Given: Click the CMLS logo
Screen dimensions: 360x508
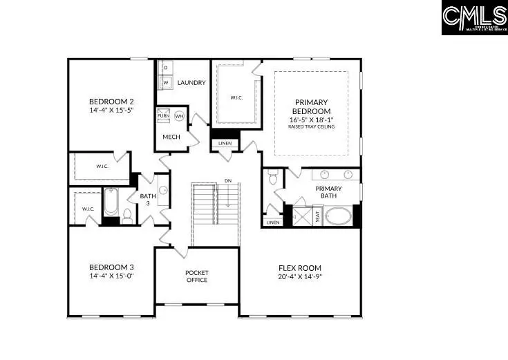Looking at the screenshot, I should pyautogui.click(x=473, y=18).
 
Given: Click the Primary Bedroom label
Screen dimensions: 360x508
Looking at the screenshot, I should pyautogui.click(x=310, y=106).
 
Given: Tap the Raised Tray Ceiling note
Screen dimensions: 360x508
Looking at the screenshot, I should pyautogui.click(x=311, y=127).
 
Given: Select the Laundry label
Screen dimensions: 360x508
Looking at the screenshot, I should pyautogui.click(x=191, y=83).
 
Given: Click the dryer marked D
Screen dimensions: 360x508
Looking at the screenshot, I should pyautogui.click(x=166, y=68).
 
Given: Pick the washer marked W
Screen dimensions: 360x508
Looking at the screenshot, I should pyautogui.click(x=166, y=83).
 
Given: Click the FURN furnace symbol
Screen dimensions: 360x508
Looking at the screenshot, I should pyautogui.click(x=164, y=115).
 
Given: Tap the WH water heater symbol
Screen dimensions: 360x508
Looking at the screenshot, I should pyautogui.click(x=180, y=116).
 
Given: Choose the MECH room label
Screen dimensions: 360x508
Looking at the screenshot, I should pyautogui.click(x=171, y=137).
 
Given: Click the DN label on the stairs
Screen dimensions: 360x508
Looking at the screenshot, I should pyautogui.click(x=227, y=181).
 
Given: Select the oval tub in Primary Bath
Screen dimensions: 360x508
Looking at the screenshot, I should pyautogui.click(x=338, y=216).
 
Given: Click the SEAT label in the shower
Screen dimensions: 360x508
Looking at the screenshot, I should pyautogui.click(x=317, y=216).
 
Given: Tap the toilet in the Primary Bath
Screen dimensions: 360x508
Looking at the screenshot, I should pyautogui.click(x=274, y=179).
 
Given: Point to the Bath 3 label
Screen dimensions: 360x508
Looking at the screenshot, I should pyautogui.click(x=148, y=200).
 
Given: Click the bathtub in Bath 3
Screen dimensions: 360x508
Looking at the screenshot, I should pyautogui.click(x=112, y=203).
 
